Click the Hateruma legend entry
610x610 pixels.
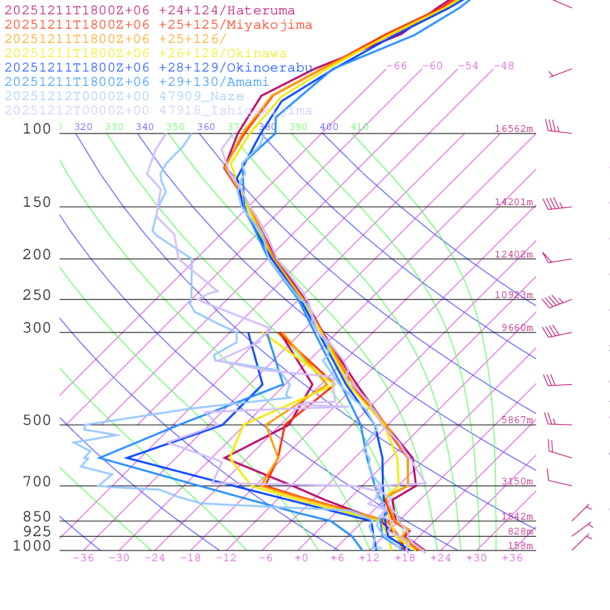tap(150, 11)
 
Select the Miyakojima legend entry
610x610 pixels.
tap(158, 25)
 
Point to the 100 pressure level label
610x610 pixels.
tap(37, 129)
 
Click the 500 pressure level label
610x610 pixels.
tap(37, 421)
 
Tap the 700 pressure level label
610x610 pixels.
tap(37, 482)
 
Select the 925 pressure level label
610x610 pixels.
tap(37, 531)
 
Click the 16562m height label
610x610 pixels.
tap(514, 129)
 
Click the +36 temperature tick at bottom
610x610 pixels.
tap(512, 558)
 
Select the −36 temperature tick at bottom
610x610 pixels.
tap(83, 558)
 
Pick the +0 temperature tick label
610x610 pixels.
tap(301, 558)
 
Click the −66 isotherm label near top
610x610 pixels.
tap(397, 66)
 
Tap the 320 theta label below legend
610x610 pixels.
tap(83, 127)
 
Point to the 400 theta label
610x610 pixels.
tap(329, 127)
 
